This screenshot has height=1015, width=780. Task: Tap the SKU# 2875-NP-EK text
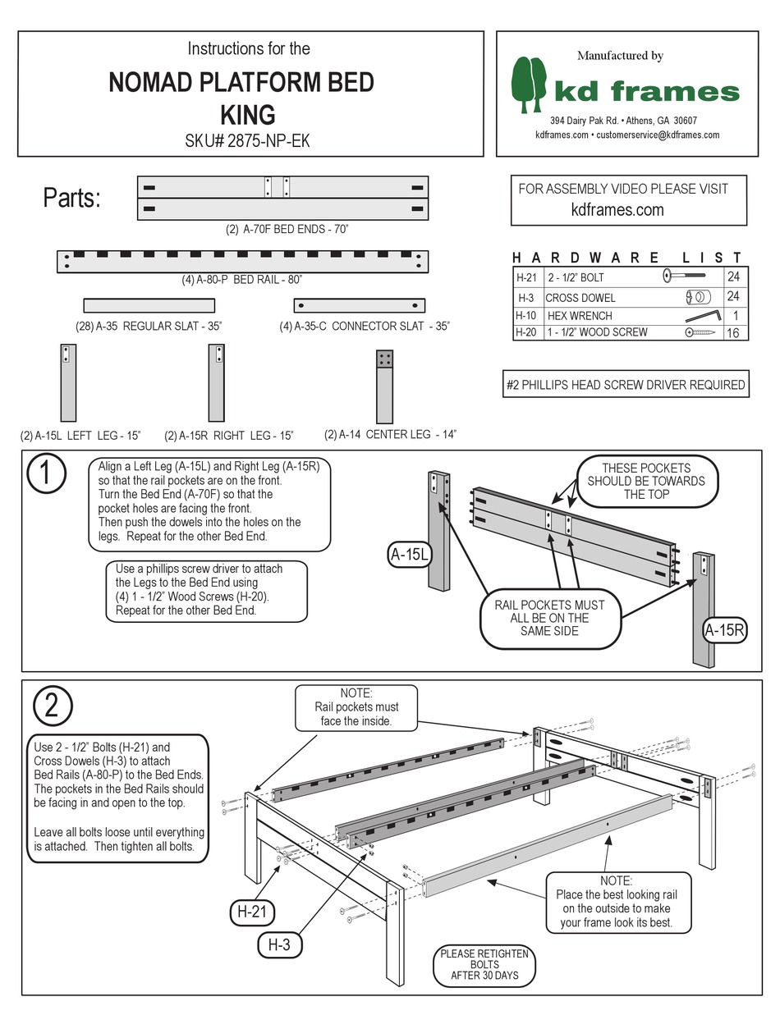247,140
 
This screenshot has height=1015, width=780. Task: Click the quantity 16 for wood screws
734,332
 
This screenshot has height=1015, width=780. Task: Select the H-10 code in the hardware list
525,315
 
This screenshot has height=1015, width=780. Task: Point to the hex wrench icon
702,315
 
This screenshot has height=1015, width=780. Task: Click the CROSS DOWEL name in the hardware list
580,297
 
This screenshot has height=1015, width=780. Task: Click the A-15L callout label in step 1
408,556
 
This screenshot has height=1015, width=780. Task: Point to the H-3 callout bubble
279,944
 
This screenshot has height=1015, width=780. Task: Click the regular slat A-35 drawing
149,305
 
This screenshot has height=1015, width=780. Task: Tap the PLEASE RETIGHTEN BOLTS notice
484,965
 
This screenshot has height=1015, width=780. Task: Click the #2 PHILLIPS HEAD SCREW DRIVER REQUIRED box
626,384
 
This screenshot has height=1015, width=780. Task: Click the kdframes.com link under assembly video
617,209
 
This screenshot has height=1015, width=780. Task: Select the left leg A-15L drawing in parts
68,382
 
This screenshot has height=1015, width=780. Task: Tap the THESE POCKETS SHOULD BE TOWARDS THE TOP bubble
646,481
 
